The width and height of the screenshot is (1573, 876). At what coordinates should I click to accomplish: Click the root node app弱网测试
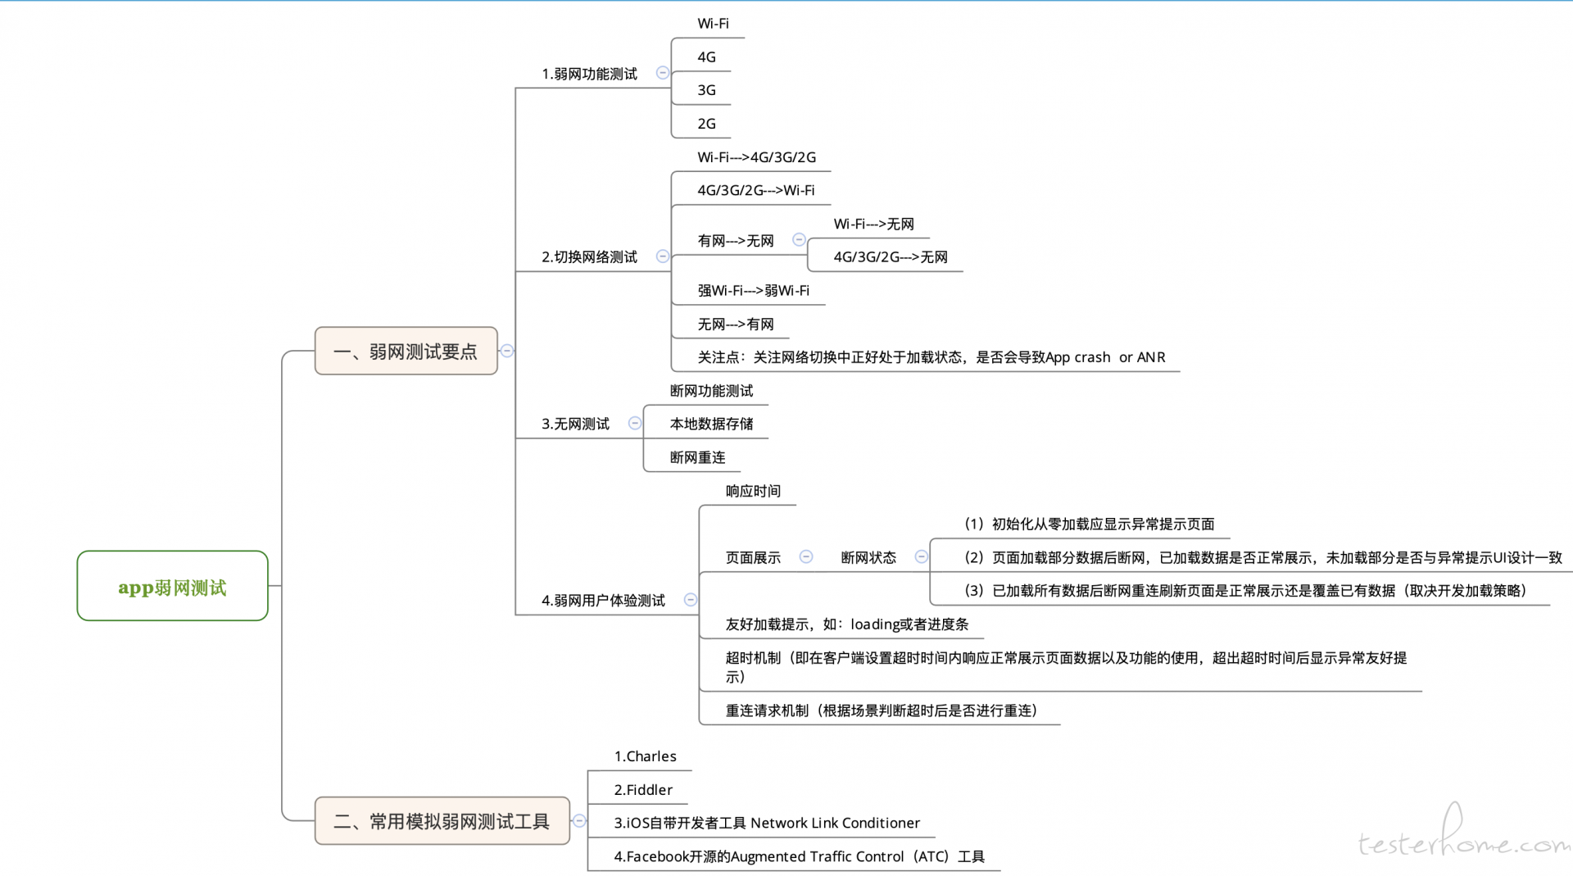(x=172, y=586)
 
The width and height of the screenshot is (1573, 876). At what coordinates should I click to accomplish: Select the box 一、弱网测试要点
(x=406, y=351)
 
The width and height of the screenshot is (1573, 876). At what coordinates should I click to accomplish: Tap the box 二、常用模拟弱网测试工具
(x=442, y=820)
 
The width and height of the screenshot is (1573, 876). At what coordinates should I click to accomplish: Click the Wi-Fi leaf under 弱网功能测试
(x=713, y=24)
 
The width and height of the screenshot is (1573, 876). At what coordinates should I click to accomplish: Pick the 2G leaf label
(x=706, y=124)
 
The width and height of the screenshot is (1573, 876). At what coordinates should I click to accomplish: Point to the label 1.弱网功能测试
(x=589, y=74)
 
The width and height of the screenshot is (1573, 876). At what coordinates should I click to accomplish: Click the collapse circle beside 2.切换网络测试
(x=663, y=256)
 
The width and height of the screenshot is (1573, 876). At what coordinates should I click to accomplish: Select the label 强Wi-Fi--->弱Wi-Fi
(x=753, y=291)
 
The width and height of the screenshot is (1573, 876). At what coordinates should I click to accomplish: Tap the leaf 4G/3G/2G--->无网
(x=891, y=257)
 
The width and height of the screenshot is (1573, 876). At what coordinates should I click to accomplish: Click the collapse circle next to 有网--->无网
(x=799, y=240)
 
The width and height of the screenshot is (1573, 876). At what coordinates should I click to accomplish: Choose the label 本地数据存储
(x=711, y=424)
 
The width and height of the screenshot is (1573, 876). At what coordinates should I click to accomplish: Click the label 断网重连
(x=697, y=457)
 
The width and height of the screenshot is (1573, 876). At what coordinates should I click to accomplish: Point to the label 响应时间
(x=753, y=491)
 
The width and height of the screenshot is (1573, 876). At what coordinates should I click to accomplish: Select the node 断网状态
(x=868, y=557)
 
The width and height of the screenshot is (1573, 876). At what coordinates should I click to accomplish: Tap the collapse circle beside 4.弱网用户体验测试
(x=691, y=600)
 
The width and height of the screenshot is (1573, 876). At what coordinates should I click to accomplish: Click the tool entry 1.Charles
(x=646, y=756)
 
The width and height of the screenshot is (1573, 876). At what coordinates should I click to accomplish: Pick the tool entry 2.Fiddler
(x=643, y=790)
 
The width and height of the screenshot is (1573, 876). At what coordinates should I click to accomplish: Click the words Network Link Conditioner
(x=835, y=823)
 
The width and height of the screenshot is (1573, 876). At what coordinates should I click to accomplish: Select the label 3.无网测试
(x=575, y=424)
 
